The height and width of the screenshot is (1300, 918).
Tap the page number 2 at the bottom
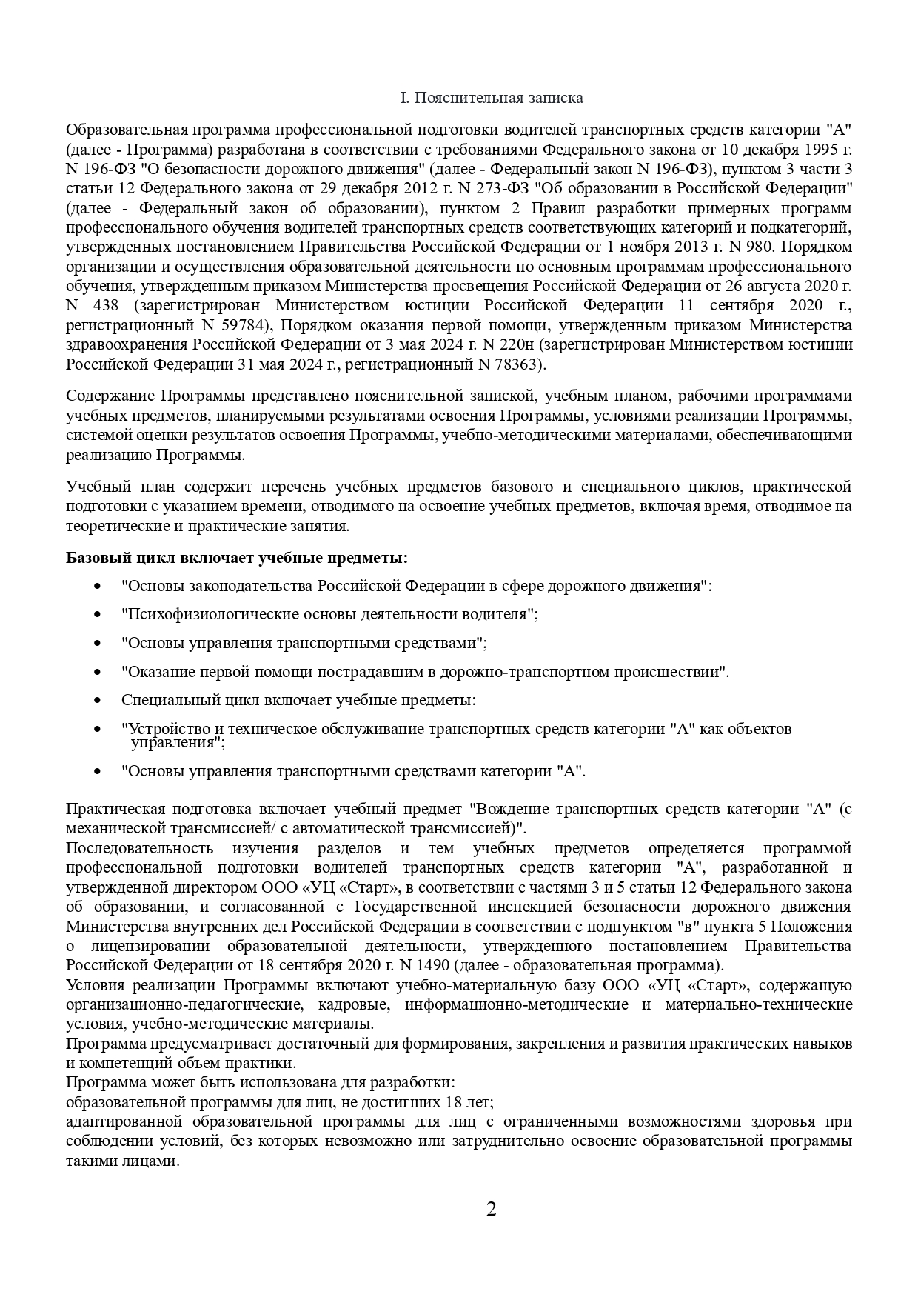pos(491,1210)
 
